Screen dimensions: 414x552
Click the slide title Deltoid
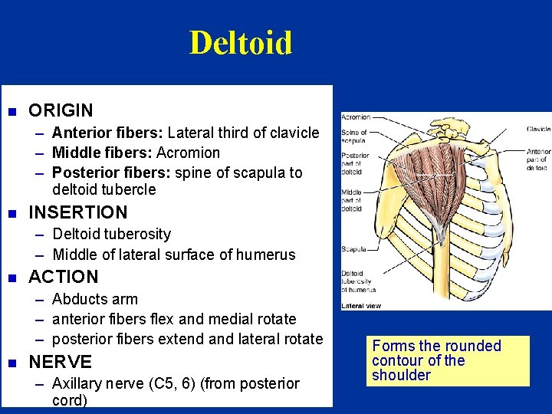[241, 43]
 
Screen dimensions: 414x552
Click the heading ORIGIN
[61, 110]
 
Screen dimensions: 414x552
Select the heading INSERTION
[77, 212]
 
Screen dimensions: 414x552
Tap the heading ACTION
[64, 277]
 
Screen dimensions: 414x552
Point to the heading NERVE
[60, 362]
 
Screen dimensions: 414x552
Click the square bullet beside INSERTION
[11, 212]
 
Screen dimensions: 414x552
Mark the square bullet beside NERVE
[11, 362]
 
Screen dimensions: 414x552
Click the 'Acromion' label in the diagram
[356, 118]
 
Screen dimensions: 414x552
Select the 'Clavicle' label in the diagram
[538, 129]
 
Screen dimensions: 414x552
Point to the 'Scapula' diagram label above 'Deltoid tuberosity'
[353, 248]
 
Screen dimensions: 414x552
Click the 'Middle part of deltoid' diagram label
[353, 200]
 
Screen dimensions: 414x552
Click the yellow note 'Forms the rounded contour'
[448, 360]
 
